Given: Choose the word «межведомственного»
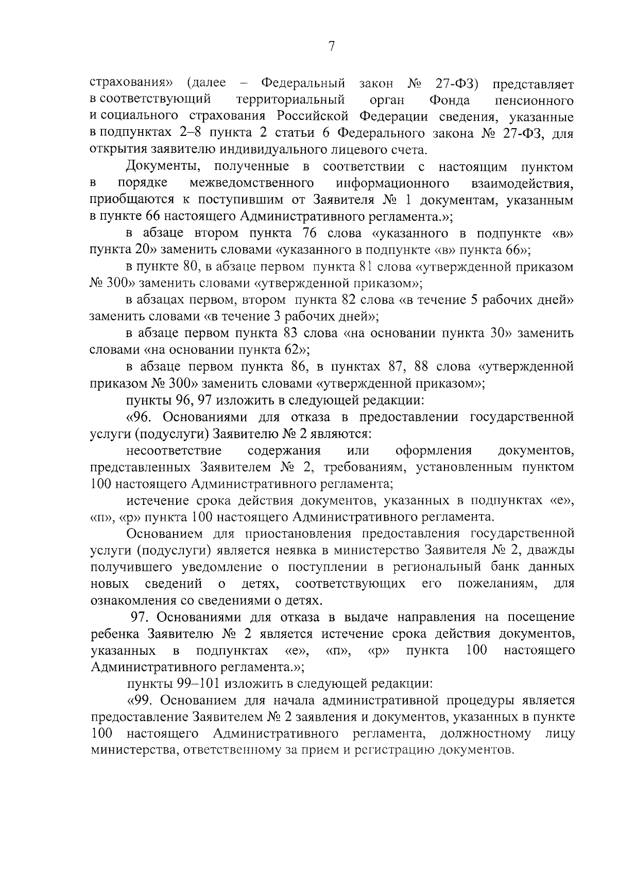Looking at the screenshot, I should pos(252,183).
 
